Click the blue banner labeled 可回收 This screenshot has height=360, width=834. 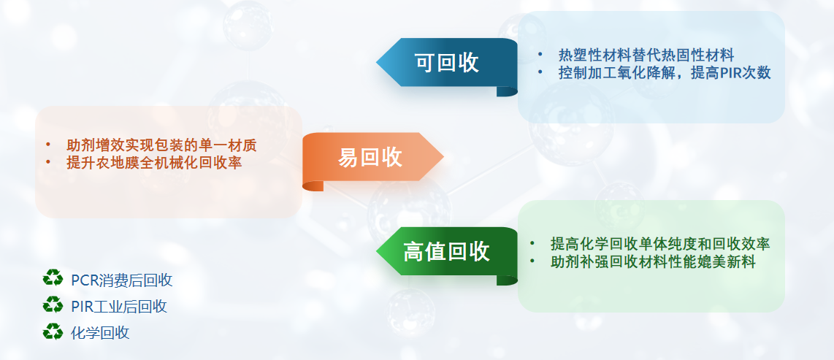coord(447,63)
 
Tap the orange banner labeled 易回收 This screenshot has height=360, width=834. coord(372,157)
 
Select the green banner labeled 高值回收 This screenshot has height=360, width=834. coord(447,251)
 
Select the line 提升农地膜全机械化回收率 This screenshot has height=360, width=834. coord(154,163)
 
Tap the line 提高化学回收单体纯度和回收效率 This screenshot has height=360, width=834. coord(660,244)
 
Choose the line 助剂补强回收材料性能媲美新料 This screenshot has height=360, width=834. coord(653,262)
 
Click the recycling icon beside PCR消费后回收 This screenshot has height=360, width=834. coord(53,278)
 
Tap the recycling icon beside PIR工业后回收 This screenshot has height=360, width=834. coord(53,305)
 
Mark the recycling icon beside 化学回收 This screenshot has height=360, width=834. coord(53,332)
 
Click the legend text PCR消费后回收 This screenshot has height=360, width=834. coord(122,280)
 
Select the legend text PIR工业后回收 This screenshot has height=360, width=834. coord(119,307)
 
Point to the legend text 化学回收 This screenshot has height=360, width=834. coord(100,334)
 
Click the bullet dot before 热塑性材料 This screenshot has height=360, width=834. coord(540,54)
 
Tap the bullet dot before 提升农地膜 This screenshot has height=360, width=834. coord(48,162)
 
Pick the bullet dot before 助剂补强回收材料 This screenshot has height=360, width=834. coord(532,261)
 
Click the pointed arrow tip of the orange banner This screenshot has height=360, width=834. coord(443,157)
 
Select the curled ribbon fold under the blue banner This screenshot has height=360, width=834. coord(507,91)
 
